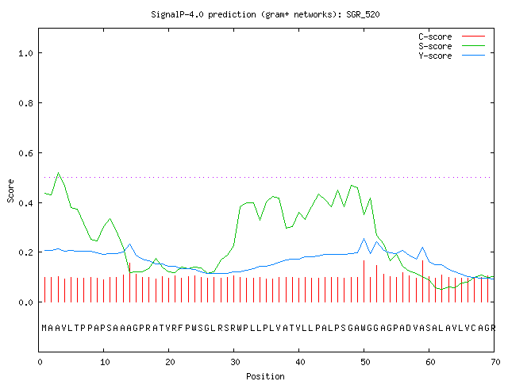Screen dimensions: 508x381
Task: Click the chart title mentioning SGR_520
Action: click(265, 15)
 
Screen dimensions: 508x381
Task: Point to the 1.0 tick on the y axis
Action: click(25, 53)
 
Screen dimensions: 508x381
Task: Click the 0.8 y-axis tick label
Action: click(25, 103)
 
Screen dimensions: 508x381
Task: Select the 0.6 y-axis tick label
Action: click(25, 153)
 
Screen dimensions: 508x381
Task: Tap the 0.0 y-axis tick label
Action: click(25, 302)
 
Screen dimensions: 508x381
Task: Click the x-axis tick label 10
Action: click(104, 362)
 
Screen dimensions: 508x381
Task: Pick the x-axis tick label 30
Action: click(235, 362)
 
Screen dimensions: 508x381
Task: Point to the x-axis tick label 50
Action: click(365, 362)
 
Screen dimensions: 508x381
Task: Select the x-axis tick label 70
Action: click(495, 362)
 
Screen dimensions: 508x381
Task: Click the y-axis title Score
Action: click(10, 191)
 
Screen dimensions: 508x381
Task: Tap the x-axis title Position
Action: click(265, 376)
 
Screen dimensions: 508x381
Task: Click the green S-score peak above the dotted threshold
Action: click(58, 173)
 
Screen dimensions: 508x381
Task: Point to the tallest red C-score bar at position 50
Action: click(364, 281)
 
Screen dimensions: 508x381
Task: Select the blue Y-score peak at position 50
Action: click(364, 239)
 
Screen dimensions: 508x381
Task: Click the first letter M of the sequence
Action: click(44, 328)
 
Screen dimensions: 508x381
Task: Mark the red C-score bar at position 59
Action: click(422, 281)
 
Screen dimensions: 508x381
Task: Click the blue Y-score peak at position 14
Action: click(129, 244)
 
